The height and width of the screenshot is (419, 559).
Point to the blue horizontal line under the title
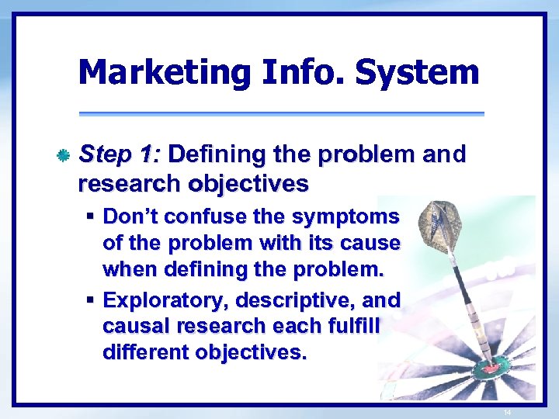pos(280,114)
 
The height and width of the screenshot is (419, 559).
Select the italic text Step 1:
pos(120,154)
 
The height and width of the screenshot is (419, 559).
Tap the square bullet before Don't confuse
pos(91,215)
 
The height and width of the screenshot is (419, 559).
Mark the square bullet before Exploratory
pos(91,300)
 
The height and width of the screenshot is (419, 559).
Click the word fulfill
pos(352,327)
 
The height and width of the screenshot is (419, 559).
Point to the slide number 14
pos(507,412)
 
